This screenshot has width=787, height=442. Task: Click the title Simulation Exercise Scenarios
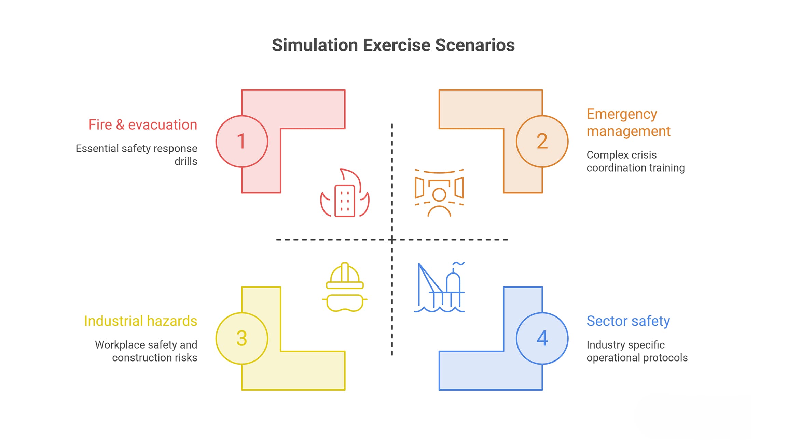[x=393, y=45]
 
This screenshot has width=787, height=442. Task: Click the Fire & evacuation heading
[x=143, y=124]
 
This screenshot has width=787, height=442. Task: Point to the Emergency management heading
[x=629, y=122]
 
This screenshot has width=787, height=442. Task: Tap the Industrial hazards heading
[x=140, y=321]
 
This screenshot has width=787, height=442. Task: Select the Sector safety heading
[x=628, y=321]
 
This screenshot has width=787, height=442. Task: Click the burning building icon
[x=345, y=193]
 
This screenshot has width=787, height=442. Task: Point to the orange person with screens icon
[x=439, y=193]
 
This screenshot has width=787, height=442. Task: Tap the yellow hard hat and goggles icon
[x=345, y=287]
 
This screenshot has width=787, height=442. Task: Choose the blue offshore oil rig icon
[x=439, y=287]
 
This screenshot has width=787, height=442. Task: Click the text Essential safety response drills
[x=136, y=155]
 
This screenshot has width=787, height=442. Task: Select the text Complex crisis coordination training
[x=636, y=161]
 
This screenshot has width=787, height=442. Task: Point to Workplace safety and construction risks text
[x=146, y=351]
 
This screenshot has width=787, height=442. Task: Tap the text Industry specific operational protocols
[x=637, y=351]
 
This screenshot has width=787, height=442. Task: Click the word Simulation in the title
[x=315, y=45]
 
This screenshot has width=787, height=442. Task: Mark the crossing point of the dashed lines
[x=392, y=240]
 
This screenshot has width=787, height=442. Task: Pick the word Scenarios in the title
[x=475, y=45]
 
